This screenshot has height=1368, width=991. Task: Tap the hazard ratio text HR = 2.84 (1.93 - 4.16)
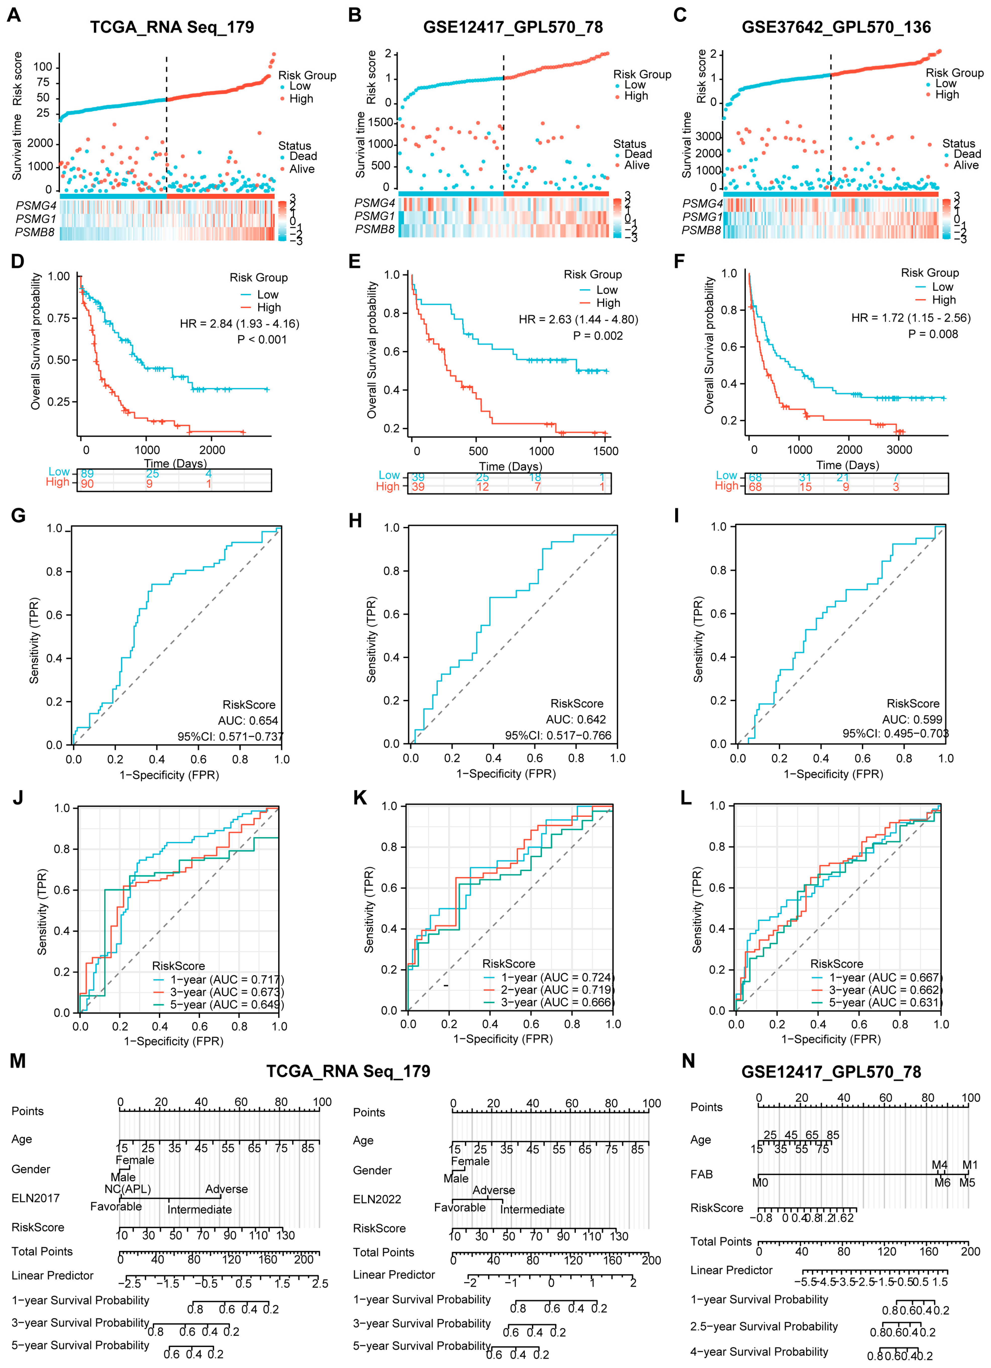[x=239, y=324]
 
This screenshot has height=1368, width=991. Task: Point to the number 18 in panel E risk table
[x=535, y=477]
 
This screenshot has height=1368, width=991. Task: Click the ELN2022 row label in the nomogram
[x=377, y=1199]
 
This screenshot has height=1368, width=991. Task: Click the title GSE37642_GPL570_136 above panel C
[x=836, y=27]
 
